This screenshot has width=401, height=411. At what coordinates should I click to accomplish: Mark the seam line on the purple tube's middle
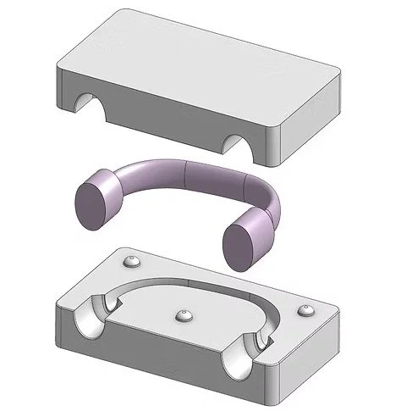pos(187,175)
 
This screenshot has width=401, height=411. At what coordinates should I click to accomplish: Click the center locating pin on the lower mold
pos(184,315)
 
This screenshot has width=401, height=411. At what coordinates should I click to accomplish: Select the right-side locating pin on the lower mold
pos(306,311)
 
